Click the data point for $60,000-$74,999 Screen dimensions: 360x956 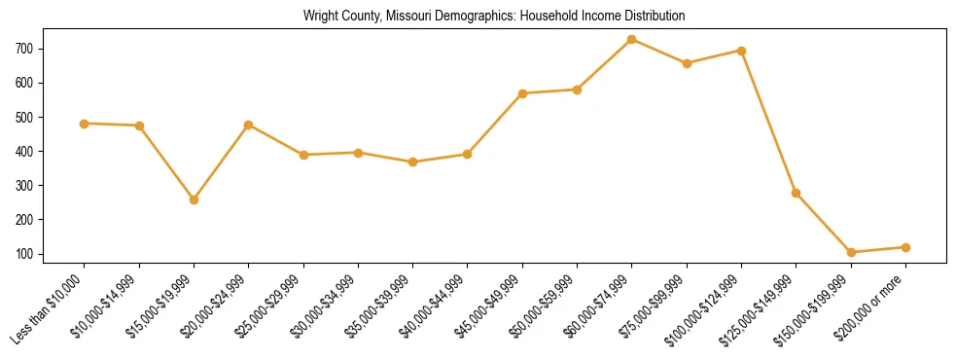tap(632, 40)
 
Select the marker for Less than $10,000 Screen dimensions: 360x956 tap(85, 124)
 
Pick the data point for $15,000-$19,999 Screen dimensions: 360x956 tap(195, 199)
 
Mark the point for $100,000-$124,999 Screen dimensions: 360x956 tap(742, 51)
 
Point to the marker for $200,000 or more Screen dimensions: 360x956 tap(905, 247)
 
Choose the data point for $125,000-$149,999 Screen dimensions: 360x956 tap(797, 193)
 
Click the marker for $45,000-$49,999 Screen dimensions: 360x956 tap(522, 93)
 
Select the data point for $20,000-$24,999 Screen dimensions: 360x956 tap(249, 125)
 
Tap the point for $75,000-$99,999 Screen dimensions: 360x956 tap(687, 63)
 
